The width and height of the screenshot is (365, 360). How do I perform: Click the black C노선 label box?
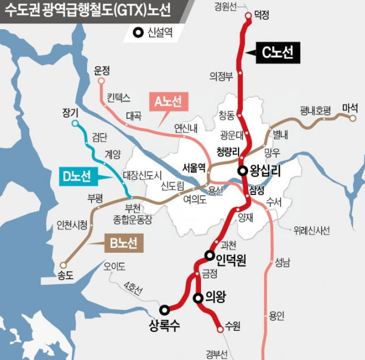(x=277, y=53)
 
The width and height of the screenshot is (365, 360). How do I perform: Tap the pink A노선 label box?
(x=171, y=102)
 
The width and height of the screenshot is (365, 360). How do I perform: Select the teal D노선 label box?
(x=76, y=176)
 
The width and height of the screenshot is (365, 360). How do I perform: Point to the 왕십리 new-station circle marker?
(x=243, y=170)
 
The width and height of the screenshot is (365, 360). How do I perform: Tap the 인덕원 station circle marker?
(x=209, y=255)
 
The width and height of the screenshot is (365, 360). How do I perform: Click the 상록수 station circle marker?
(x=165, y=309)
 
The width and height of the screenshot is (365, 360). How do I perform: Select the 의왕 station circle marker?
(x=198, y=297)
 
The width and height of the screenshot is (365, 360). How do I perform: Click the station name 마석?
(x=350, y=107)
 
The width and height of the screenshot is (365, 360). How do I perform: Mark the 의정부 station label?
(x=220, y=76)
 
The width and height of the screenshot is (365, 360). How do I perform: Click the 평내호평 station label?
(x=315, y=110)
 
